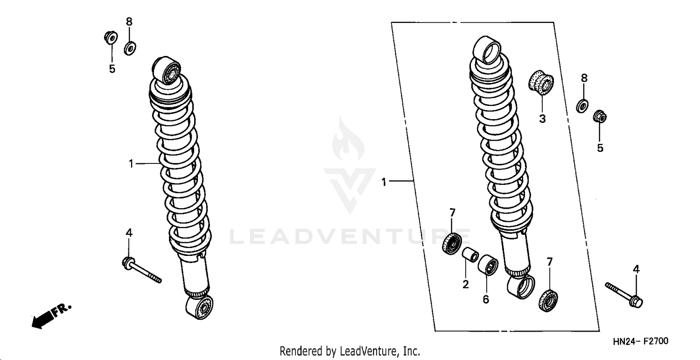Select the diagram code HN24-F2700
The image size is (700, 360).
tap(640, 341)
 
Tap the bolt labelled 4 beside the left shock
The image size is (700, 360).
tap(140, 269)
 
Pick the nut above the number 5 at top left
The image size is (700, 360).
tap(111, 37)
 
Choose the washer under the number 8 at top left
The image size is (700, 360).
tap(130, 48)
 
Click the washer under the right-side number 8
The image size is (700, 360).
tap(583, 106)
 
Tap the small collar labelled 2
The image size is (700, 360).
tap(469, 256)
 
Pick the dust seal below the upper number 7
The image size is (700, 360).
tap(452, 244)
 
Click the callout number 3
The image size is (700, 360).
tap(542, 119)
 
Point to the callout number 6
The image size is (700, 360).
tap(486, 299)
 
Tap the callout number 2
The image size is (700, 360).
tap(465, 284)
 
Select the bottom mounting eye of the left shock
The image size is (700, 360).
tap(200, 307)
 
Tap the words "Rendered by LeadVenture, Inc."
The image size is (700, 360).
tap(350, 351)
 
